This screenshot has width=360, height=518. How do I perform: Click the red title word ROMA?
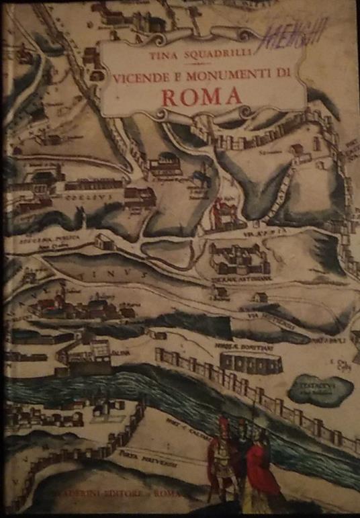tap(201, 97)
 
